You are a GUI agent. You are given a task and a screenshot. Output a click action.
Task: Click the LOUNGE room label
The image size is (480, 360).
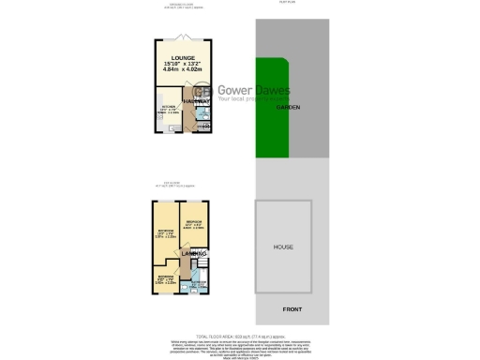184,58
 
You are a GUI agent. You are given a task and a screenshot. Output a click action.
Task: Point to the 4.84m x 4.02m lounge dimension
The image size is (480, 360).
184,70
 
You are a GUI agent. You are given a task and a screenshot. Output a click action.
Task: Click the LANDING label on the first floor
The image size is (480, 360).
193,254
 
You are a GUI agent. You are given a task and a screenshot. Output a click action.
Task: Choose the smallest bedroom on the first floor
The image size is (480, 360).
165,280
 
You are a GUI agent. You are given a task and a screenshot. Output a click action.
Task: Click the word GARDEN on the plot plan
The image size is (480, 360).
287,108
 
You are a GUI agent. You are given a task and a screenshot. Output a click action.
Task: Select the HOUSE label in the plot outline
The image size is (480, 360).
283,247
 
